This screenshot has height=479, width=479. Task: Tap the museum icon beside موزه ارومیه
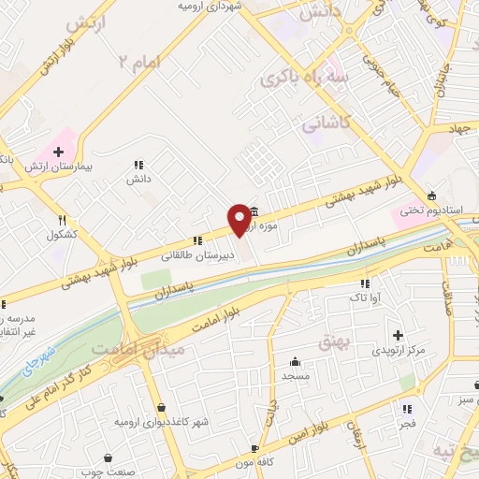tap(254, 212)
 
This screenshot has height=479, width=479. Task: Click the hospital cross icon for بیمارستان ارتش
tap(58, 151)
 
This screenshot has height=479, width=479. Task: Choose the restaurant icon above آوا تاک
tap(365, 283)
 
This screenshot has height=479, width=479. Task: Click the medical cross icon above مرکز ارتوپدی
tap(398, 335)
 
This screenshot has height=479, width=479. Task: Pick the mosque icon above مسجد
tap(296, 362)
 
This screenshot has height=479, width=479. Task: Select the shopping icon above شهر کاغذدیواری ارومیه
tap(164, 408)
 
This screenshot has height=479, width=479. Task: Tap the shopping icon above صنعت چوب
tap(109, 457)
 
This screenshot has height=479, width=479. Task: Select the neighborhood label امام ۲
tap(139, 61)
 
